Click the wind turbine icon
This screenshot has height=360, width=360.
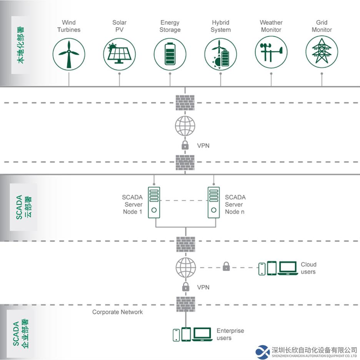click(x=68, y=54)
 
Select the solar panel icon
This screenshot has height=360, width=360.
click(x=119, y=54)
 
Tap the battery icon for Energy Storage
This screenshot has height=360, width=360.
click(x=170, y=54)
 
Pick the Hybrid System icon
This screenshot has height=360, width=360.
click(x=220, y=54)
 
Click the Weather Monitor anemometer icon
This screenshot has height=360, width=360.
click(x=271, y=52)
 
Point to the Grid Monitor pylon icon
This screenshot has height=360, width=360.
click(x=322, y=52)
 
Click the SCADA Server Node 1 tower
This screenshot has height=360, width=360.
click(x=154, y=202)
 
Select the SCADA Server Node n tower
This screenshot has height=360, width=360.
click(x=213, y=202)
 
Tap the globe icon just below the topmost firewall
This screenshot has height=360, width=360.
click(x=185, y=126)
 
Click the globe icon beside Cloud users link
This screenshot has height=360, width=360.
click(x=186, y=268)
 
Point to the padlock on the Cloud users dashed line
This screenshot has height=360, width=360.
click(x=226, y=266)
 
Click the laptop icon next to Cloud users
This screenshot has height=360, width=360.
click(x=288, y=268)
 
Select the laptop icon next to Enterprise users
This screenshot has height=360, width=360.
click(x=202, y=335)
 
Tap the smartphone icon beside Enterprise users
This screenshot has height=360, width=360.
click(x=176, y=335)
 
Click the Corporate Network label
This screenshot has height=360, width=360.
click(x=117, y=312)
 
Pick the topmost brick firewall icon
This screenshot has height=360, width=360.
click(x=185, y=102)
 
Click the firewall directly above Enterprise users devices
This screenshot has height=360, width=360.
click(x=186, y=304)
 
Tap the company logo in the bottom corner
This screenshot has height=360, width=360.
click(x=262, y=352)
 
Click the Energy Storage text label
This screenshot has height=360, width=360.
click(x=170, y=26)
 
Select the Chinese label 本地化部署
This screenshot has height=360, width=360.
click(x=20, y=45)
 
